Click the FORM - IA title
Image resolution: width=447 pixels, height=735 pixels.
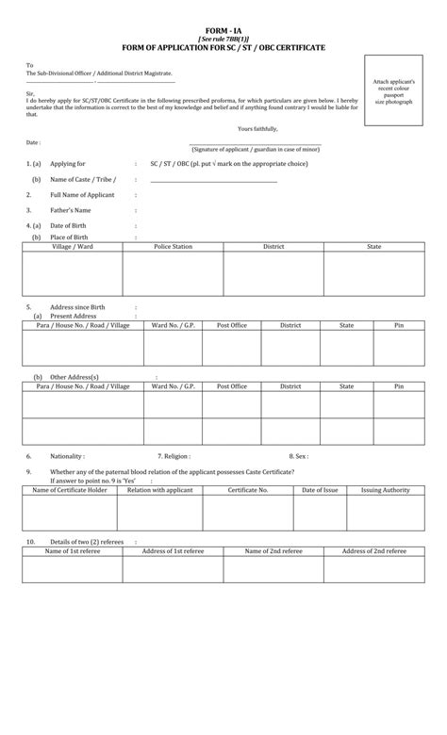[x=223, y=31]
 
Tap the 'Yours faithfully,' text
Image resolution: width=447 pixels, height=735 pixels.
[x=258, y=128]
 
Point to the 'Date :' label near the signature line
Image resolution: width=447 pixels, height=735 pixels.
[x=34, y=142]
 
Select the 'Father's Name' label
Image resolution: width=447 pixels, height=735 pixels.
[x=71, y=210]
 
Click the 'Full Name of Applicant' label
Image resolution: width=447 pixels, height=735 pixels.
[x=82, y=195]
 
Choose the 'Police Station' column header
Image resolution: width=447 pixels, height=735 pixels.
[x=173, y=247]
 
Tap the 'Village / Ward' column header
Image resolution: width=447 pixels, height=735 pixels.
[x=73, y=247]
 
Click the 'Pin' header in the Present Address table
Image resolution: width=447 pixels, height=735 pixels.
[x=398, y=325]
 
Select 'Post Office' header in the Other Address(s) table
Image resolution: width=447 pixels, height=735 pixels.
[x=232, y=386]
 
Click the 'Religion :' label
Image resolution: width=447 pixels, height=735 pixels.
[x=174, y=455]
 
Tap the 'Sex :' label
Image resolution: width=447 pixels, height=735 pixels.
[x=299, y=455]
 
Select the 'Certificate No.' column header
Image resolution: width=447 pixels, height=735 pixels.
[x=250, y=490]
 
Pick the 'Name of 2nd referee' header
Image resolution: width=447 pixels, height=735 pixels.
[x=273, y=550]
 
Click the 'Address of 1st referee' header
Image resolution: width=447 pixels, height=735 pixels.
[x=173, y=550]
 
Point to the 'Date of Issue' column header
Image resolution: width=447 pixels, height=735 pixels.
[x=320, y=490]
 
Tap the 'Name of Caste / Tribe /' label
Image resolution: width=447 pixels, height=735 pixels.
[x=82, y=179]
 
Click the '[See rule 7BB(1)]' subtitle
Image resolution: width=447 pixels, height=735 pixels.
[x=223, y=39]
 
